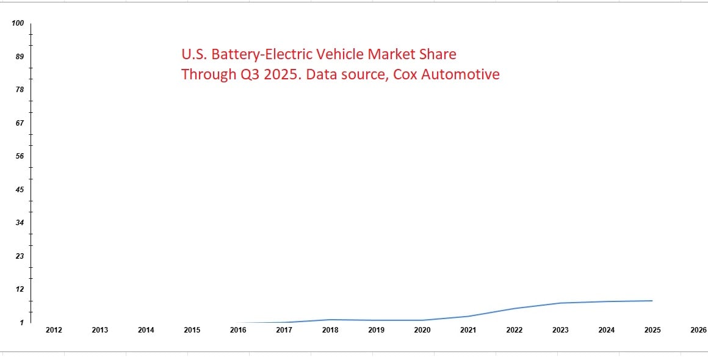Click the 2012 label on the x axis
(x=54, y=330)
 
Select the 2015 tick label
(x=192, y=330)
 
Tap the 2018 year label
(x=330, y=330)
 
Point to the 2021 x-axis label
(x=468, y=330)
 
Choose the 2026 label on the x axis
(x=698, y=330)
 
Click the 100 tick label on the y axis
(x=18, y=23)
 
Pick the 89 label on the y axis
(x=20, y=57)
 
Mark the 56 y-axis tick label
(x=20, y=156)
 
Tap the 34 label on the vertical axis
(x=20, y=223)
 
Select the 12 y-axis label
(x=20, y=289)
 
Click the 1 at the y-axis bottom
(x=21, y=322)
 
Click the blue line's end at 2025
(x=652, y=301)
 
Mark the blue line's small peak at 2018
(x=330, y=320)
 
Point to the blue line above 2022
(x=515, y=308)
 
